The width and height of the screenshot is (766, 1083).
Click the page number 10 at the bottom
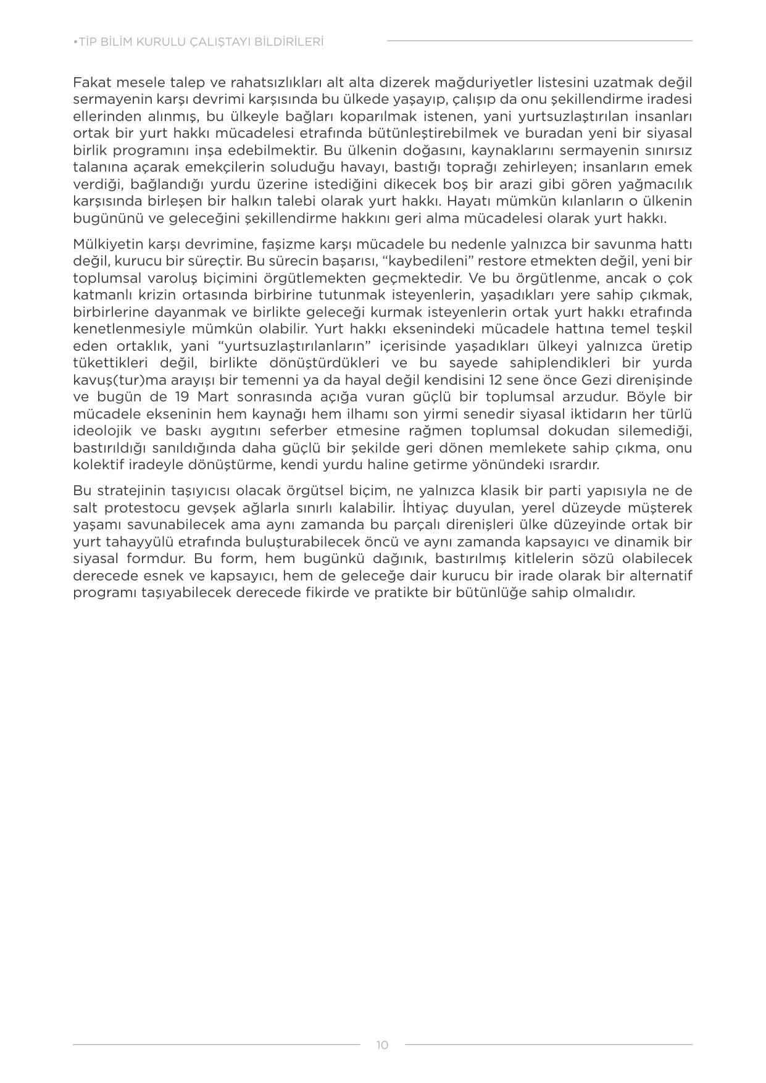coord(382,1045)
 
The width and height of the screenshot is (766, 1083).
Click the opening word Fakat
coord(90,83)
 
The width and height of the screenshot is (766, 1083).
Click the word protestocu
coord(142,508)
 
